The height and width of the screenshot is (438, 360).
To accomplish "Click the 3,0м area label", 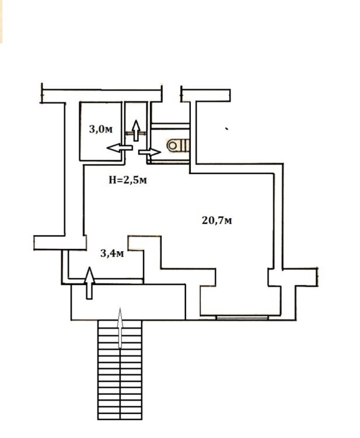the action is [x=101, y=129].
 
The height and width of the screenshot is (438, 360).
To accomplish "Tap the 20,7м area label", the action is [x=216, y=221].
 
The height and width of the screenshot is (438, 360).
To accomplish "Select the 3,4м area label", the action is [x=112, y=253].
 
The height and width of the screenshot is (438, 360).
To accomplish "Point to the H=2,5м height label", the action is [x=128, y=180].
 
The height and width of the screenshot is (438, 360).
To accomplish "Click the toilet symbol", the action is [x=178, y=145].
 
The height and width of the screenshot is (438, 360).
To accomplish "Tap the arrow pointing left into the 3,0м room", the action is [x=120, y=148].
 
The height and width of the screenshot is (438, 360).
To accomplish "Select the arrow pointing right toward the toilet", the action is [x=149, y=152].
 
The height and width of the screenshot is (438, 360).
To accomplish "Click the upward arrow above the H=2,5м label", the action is [x=136, y=130].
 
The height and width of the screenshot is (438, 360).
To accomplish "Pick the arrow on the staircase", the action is [x=120, y=328].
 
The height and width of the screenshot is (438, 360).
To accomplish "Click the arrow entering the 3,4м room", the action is [x=89, y=283].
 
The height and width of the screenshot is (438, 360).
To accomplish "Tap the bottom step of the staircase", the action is [x=120, y=416].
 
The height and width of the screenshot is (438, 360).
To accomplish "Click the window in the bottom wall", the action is [x=242, y=317].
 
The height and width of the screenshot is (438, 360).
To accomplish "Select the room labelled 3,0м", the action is [x=101, y=131].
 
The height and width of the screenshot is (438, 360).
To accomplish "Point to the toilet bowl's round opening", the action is [x=173, y=145].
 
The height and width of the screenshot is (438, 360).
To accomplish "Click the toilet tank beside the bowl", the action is [x=186, y=145].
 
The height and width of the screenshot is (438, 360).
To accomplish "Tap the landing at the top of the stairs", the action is [x=128, y=302].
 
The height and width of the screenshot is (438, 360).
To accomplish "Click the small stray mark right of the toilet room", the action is [x=227, y=129].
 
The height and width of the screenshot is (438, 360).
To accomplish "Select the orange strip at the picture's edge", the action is [x=1, y=21].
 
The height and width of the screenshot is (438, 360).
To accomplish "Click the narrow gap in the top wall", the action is [x=172, y=93].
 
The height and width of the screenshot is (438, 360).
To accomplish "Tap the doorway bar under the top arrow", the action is [x=136, y=134].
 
